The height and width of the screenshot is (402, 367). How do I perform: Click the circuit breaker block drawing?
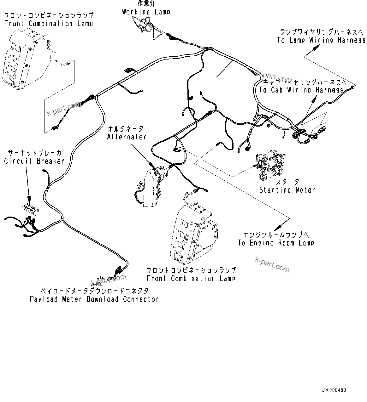[29, 208]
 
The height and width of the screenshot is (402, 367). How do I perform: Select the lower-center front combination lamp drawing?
[192, 232]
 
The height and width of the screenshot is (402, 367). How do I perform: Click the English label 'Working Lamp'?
[146, 12]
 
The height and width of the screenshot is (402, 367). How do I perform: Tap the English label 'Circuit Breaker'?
[34, 161]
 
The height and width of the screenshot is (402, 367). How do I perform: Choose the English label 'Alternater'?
[127, 137]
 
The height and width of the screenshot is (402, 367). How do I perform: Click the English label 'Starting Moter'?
[287, 190]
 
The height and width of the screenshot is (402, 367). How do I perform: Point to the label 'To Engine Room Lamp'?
[276, 243]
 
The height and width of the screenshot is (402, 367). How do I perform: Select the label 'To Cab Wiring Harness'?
[301, 90]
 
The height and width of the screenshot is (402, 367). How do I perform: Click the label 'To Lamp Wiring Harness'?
[321, 40]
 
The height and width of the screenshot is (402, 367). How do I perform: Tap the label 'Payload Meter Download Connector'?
[94, 299]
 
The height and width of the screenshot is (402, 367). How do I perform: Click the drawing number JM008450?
[334, 390]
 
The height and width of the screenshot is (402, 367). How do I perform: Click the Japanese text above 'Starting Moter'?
[287, 182]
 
